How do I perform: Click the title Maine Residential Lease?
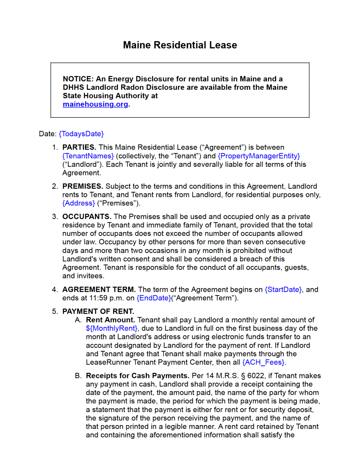tap(180, 45)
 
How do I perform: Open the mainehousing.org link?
tap(95, 104)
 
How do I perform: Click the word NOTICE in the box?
tap(78, 79)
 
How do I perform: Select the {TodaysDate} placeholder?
tap(81, 134)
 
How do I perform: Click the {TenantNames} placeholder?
tap(88, 156)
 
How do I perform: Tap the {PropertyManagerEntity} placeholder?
tap(259, 156)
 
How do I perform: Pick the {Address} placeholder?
tap(79, 203)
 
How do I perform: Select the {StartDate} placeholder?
tap(283, 289)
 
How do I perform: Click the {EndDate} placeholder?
tap(154, 298)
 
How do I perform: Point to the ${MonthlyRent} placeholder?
tap(112, 328)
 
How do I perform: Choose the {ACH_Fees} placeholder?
tap(263, 362)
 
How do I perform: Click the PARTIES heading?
tap(79, 147)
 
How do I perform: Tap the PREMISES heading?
tap(82, 186)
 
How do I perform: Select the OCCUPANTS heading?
tap(87, 217)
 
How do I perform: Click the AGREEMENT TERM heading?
tap(99, 289)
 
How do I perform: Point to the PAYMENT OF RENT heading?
tap(98, 311)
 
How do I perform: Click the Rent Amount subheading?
tap(110, 320)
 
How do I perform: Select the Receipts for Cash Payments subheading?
tap(138, 376)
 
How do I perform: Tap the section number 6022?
tap(256, 376)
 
